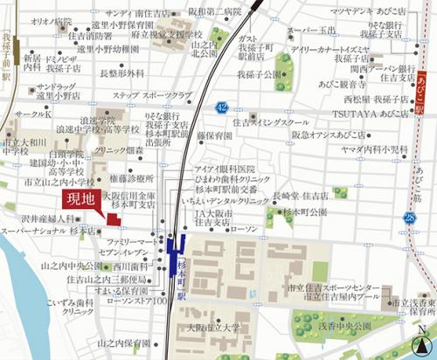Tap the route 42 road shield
223,107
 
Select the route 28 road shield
410,217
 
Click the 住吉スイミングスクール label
271,121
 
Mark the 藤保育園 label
214,136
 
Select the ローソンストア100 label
135,301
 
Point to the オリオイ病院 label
52,19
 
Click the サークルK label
31,114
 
